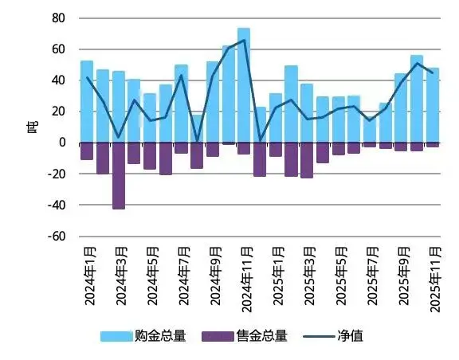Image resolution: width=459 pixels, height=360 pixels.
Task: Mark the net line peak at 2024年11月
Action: point(244,40)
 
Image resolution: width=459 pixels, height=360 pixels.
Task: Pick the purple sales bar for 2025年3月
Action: point(307,160)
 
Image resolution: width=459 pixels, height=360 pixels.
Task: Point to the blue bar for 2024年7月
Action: point(181,104)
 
